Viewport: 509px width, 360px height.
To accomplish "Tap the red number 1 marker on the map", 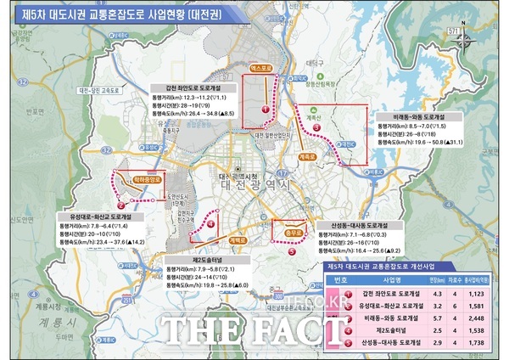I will [x=265, y=109].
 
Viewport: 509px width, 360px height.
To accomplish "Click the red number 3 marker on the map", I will [x=316, y=127].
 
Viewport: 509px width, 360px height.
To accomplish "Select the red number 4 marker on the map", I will [x=211, y=225].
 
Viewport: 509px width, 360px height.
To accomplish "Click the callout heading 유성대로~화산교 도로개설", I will [x=95, y=216].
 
